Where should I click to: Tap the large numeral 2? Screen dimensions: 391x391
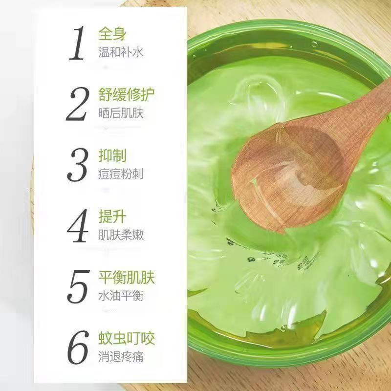pos(78,104)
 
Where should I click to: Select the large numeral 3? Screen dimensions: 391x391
pos(78,165)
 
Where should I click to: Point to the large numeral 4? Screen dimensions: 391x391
pos(78,226)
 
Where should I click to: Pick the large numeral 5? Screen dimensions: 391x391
pos(78,287)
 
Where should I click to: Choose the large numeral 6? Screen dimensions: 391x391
pos(78,348)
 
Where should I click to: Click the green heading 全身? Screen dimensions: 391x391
pos(112,34)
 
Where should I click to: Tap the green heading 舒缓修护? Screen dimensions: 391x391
pos(127,94)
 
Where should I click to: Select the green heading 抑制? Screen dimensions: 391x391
pos(112,155)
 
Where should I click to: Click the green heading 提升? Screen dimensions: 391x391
pos(112,216)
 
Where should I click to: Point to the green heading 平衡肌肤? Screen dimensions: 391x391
pos(127,277)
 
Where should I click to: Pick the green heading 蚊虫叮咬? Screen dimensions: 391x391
pos(127,338)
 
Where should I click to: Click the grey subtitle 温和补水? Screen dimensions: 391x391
pos(121,52)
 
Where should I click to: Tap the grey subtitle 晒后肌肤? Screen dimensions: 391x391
pos(121,113)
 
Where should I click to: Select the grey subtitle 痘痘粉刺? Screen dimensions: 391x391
pos(121,174)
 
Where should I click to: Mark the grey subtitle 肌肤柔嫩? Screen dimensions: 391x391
pos(121,235)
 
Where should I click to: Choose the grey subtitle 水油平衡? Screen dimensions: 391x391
pos(121,296)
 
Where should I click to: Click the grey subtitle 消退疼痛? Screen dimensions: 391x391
pos(121,357)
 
